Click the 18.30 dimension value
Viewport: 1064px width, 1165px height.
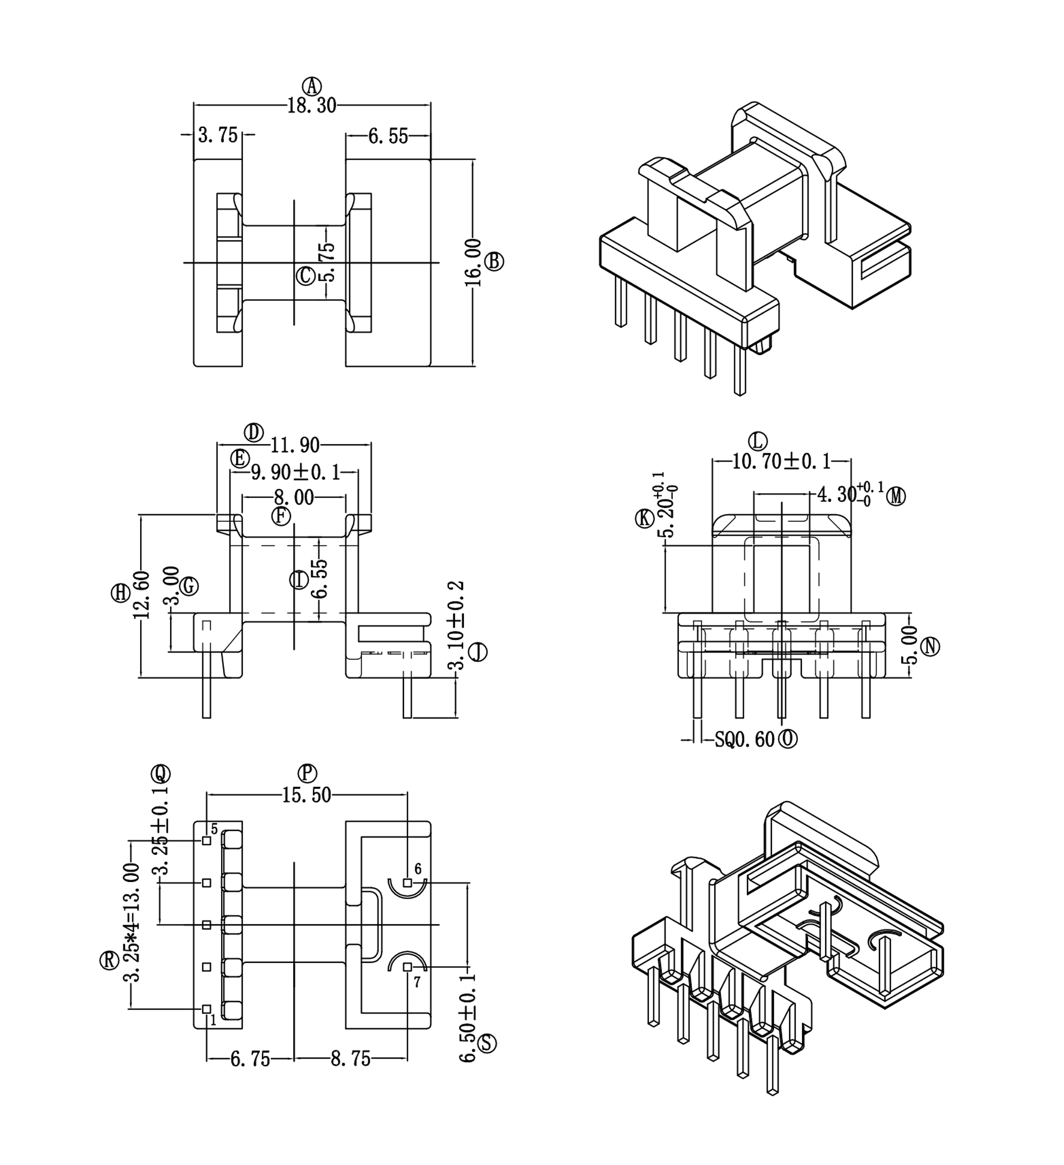tap(311, 106)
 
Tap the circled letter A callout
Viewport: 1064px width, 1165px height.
tap(313, 86)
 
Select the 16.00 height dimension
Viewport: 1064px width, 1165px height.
tap(473, 263)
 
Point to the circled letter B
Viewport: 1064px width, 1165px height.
tap(494, 261)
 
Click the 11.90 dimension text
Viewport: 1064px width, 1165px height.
tap(295, 444)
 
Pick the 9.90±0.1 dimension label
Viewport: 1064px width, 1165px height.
tap(295, 472)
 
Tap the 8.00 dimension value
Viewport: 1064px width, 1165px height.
tap(294, 497)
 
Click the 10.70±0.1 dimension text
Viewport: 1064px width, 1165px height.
tap(781, 461)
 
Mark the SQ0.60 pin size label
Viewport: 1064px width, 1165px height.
tap(744, 739)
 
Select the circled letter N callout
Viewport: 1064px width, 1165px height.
tap(930, 646)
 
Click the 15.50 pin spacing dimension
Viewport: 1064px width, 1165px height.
tap(306, 795)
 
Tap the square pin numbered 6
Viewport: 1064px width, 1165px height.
tap(407, 883)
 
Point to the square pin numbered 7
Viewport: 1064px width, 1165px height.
tap(407, 967)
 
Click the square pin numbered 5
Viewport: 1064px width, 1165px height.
tap(206, 841)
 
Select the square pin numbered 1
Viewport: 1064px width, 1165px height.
tap(206, 1008)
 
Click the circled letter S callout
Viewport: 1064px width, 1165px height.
tap(487, 1043)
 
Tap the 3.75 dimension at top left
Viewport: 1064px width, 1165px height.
tap(218, 135)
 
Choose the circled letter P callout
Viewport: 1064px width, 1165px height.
tap(308, 773)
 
